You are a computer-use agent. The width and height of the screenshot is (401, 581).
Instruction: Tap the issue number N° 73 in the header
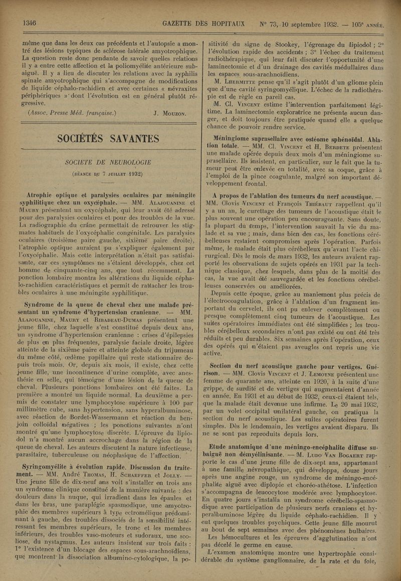269,25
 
